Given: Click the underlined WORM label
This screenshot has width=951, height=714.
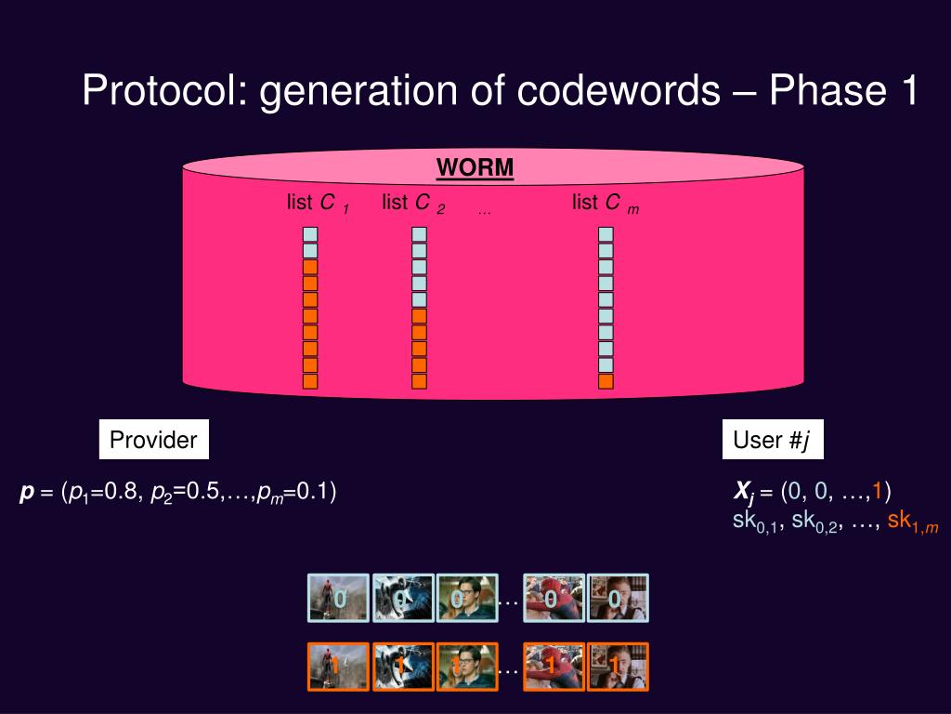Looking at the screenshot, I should click(475, 168).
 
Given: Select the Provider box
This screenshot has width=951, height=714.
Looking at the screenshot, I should click(153, 440).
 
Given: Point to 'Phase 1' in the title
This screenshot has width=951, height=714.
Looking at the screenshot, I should click(844, 90).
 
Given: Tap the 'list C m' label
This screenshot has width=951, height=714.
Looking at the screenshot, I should click(605, 204).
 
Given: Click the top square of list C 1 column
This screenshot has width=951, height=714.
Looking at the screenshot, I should click(310, 234).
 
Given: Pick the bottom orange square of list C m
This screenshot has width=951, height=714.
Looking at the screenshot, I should click(606, 381).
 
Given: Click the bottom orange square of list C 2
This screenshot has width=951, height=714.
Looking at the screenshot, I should click(419, 381).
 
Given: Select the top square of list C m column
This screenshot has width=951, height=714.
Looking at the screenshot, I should click(606, 234).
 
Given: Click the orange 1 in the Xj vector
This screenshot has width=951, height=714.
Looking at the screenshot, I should click(877, 491).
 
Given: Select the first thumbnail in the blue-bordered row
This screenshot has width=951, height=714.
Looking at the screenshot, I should click(338, 597).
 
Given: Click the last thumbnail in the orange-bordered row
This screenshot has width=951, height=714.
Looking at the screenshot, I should click(618, 667).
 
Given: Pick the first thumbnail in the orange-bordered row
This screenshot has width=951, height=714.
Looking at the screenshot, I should click(338, 667).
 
